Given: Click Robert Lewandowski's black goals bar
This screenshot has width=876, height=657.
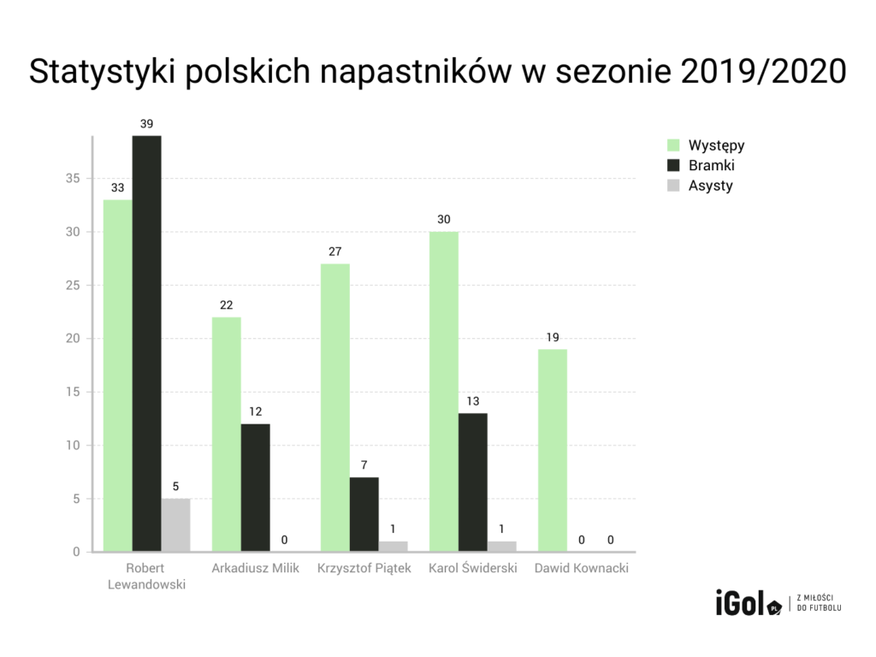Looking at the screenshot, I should (146, 342).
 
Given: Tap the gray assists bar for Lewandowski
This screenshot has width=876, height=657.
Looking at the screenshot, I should (175, 524).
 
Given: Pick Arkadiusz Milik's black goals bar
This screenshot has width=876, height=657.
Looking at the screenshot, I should (255, 488).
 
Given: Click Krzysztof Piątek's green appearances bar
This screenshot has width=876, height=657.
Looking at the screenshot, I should (334, 407).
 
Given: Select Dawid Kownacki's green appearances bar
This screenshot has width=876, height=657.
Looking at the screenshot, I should (552, 450).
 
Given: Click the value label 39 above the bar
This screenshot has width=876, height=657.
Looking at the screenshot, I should (146, 124).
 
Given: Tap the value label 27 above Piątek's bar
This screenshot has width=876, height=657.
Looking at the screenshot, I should (334, 252).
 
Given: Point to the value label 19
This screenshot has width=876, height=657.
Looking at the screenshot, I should (552, 337).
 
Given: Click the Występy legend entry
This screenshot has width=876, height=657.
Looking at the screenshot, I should (705, 145).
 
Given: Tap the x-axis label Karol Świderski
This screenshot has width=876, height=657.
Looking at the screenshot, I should (472, 568).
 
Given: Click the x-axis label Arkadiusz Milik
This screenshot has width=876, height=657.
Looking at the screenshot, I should (255, 568).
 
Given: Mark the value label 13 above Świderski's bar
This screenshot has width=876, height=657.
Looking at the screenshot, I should (472, 401).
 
